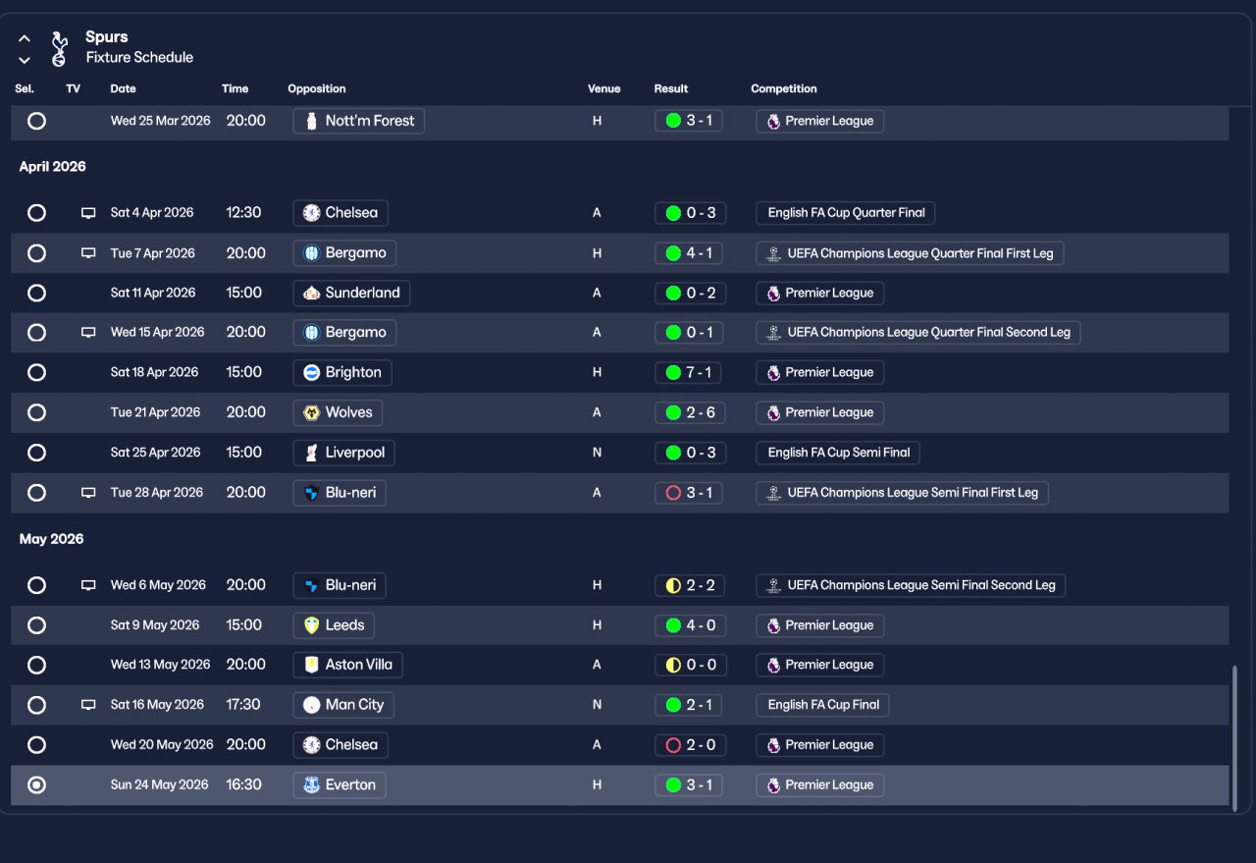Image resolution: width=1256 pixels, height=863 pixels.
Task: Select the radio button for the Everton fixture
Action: pos(36,784)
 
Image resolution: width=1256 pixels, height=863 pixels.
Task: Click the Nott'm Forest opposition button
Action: pos(358,121)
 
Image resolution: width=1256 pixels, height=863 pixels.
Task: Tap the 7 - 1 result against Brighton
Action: pos(689,372)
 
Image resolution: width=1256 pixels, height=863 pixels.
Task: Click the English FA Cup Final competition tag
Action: pos(822,704)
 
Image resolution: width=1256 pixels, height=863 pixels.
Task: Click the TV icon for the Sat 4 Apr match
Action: pos(88,212)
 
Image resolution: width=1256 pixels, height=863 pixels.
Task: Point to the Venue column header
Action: pos(603,88)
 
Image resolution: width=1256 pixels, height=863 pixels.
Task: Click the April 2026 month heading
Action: pos(53,166)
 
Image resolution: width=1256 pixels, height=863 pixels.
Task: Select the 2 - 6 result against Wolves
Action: pos(689,412)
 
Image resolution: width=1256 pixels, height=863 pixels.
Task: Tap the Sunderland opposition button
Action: pos(351,293)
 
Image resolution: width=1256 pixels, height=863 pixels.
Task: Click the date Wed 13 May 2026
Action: pos(160,665)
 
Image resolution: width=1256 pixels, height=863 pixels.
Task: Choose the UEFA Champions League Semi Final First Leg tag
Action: pos(902,492)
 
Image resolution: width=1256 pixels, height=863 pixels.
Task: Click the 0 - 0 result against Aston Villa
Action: pos(689,665)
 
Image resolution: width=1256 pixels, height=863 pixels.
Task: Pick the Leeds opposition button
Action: pos(334,624)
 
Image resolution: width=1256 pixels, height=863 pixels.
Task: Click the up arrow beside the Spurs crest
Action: pos(25,39)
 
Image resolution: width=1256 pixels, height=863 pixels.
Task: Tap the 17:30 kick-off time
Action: pos(243,704)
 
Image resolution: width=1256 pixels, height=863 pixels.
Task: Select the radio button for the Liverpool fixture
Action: pos(36,453)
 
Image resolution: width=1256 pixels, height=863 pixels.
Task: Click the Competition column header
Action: pos(783,88)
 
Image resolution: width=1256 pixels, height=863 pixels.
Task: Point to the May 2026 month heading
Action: pos(51,539)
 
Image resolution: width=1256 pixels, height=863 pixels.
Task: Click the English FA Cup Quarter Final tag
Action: pos(846,212)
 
